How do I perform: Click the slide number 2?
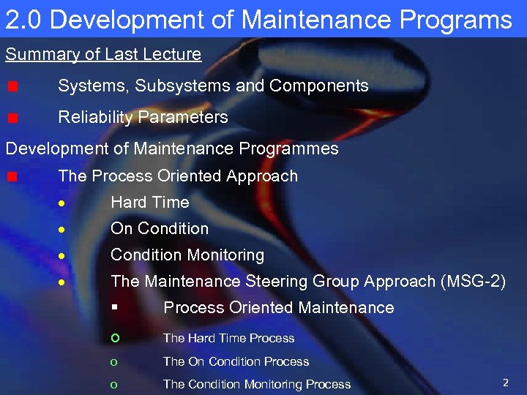coord(505,382)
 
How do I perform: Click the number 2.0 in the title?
coord(23,20)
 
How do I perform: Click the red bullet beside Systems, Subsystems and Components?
coord(12,86)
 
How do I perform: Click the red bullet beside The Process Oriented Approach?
coord(12,176)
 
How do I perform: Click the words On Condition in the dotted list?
coord(160,228)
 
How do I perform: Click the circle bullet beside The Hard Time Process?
coord(114,338)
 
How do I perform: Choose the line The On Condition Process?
coord(236,361)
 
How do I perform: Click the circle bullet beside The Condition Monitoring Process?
coord(114,384)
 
